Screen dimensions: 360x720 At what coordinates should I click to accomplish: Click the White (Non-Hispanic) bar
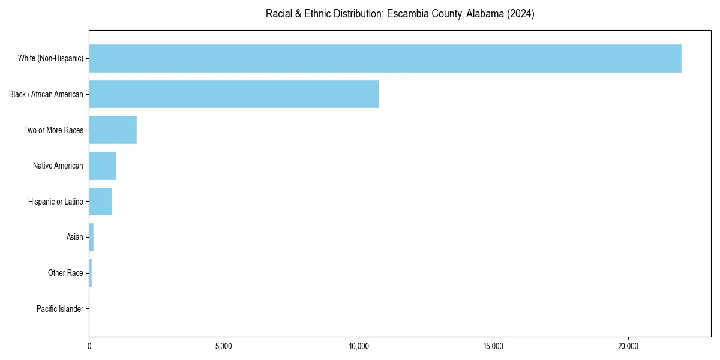point(385,58)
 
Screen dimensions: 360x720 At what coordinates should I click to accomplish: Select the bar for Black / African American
point(234,94)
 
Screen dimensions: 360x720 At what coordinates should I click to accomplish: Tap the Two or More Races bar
point(113,130)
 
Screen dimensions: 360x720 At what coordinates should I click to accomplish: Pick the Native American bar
point(103,166)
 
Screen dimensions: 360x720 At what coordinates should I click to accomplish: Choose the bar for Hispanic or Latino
point(100,202)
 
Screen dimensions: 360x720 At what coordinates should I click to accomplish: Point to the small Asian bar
point(91,237)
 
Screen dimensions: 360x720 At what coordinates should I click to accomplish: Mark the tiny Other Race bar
point(91,273)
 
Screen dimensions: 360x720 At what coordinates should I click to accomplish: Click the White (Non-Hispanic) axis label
point(50,58)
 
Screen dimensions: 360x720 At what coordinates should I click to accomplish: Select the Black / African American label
point(46,94)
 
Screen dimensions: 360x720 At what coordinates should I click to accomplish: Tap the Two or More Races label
point(53,130)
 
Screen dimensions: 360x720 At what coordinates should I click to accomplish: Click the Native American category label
point(58,166)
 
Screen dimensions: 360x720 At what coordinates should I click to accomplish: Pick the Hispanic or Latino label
point(56,202)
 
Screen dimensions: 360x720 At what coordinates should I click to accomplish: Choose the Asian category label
point(75,238)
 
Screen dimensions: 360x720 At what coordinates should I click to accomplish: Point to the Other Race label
point(65,274)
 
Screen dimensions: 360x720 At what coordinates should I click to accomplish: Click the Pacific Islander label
point(60,309)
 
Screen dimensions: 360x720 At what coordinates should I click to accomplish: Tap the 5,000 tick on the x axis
point(224,347)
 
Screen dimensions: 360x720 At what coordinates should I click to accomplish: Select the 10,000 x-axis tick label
point(359,347)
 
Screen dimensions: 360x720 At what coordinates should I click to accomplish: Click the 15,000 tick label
point(493,347)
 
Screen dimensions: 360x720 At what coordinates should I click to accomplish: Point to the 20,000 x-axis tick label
point(628,347)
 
